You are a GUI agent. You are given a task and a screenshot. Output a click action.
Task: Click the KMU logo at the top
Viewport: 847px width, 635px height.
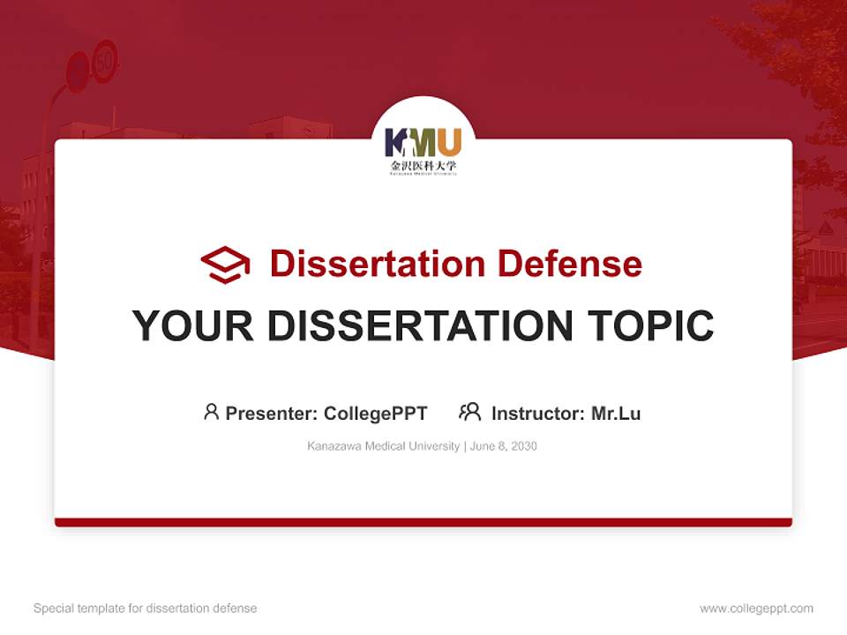pos(423,142)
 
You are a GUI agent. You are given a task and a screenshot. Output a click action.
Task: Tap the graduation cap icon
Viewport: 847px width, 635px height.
pos(225,264)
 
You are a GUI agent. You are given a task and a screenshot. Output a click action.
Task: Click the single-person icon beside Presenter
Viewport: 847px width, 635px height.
pos(211,412)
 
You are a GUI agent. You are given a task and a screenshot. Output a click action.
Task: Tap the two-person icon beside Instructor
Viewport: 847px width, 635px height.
pos(469,412)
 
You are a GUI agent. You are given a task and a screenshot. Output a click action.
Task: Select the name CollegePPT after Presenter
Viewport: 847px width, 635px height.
pos(376,414)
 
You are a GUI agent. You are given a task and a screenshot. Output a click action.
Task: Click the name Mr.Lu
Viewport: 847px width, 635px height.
pos(616,414)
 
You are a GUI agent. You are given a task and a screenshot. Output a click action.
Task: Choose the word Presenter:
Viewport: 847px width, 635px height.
pos(272,414)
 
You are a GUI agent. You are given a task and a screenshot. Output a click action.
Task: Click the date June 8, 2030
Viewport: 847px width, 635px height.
pos(504,446)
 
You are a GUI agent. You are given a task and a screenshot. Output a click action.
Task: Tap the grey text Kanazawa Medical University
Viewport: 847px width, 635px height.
pos(384,446)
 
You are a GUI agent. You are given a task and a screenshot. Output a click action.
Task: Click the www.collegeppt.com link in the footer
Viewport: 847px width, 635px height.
pos(756,609)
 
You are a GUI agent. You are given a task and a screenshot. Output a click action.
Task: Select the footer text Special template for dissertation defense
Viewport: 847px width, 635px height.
pos(146,609)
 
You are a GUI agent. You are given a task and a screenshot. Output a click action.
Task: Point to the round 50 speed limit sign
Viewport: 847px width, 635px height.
pos(105,61)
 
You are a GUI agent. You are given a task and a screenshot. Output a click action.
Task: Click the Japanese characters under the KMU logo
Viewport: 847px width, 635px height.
pos(423,165)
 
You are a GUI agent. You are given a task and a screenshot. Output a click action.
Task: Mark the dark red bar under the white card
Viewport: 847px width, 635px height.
pos(423,522)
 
